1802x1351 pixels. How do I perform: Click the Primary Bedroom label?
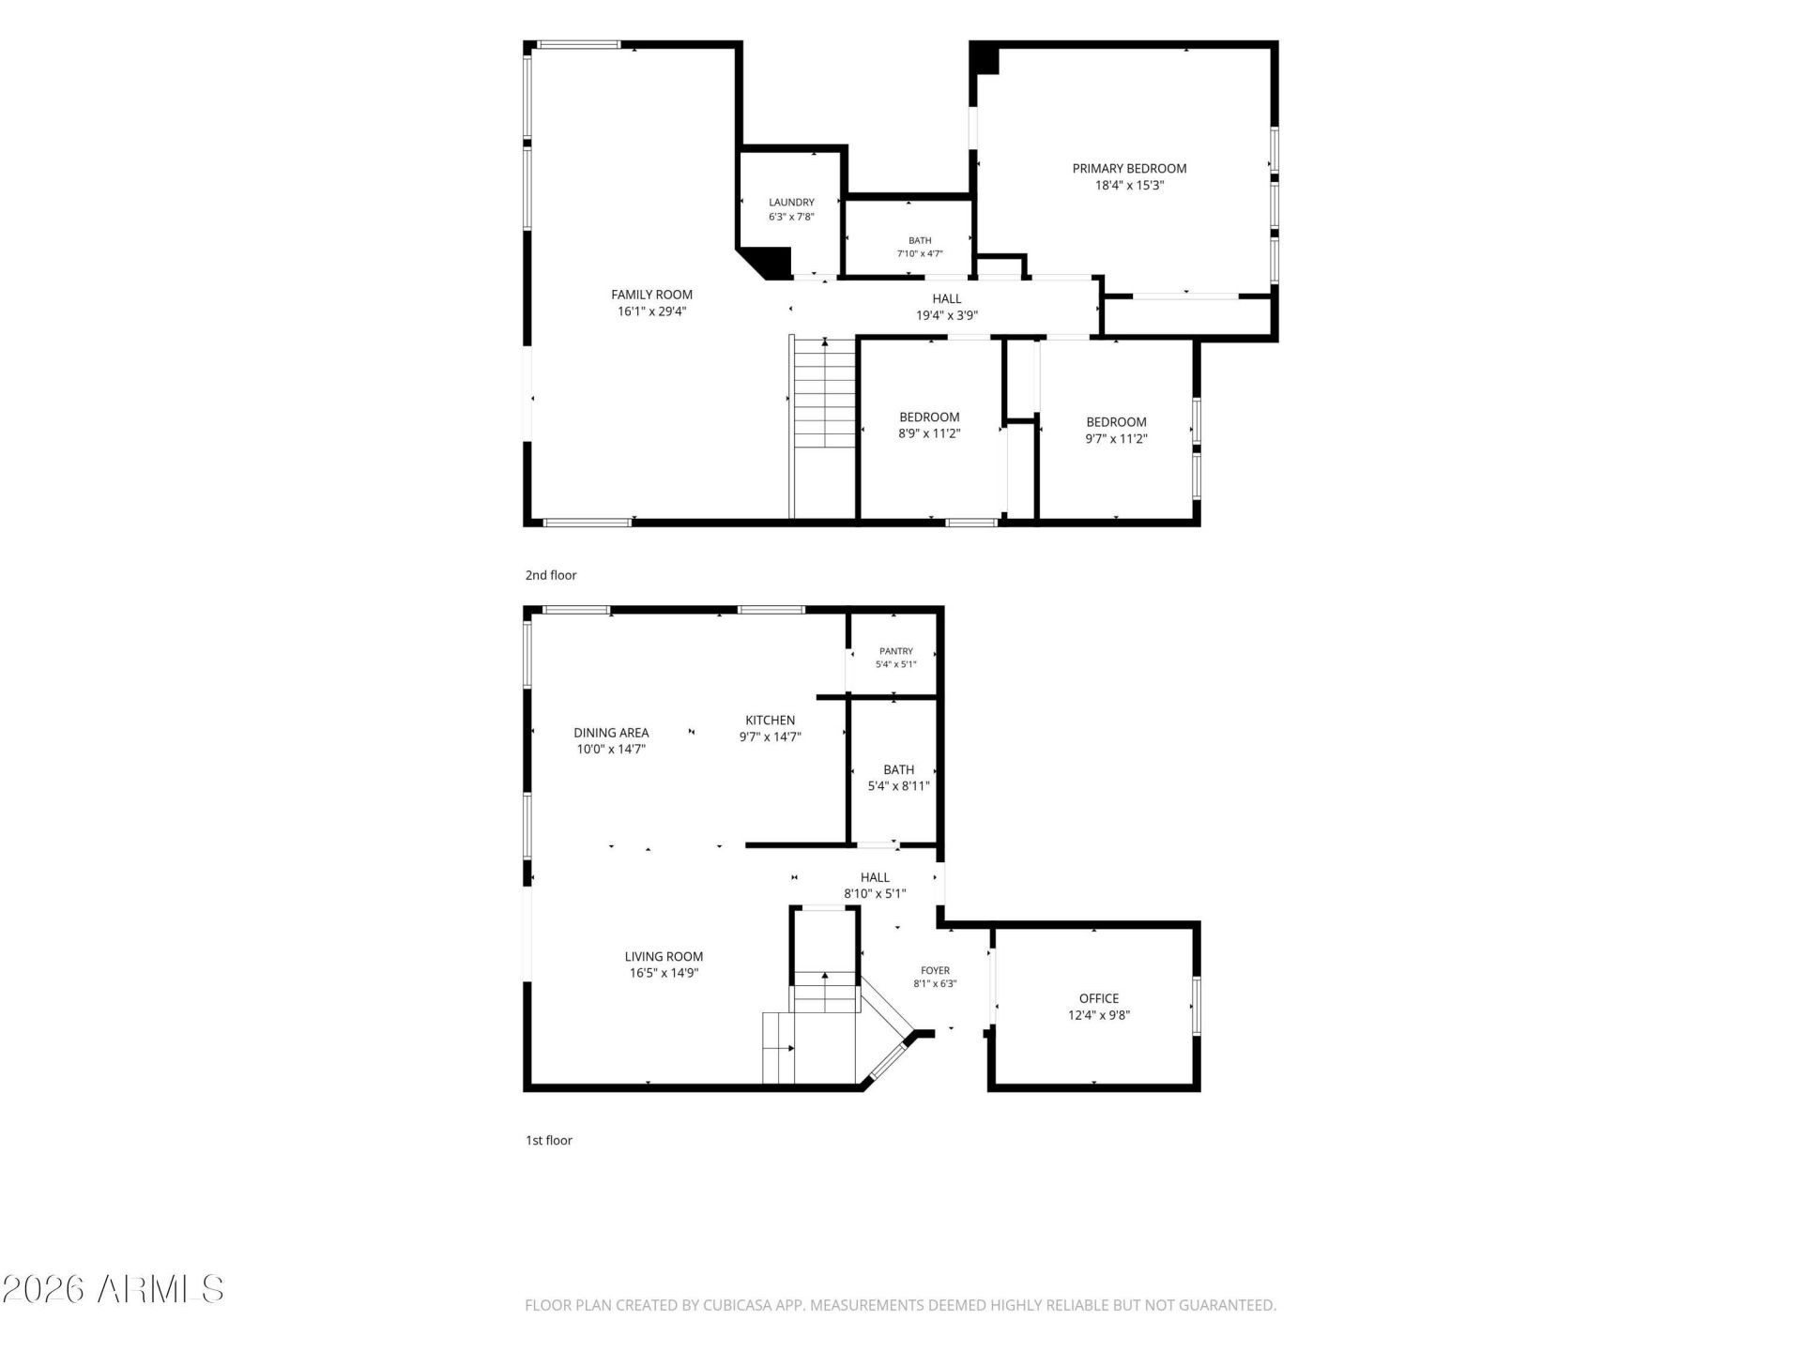coord(1129,169)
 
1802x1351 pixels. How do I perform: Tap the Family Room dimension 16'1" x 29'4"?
coord(651,311)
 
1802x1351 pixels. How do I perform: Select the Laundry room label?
coord(791,202)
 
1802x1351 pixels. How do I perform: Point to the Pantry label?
coord(896,651)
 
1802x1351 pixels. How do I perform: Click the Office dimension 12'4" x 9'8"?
coord(1099,1015)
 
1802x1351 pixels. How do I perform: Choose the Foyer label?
coord(935,971)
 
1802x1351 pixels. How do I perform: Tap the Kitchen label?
coord(771,721)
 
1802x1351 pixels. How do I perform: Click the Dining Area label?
coord(611,733)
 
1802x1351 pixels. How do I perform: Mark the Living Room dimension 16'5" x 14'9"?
coord(664,973)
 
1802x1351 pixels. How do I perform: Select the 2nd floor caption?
coord(551,575)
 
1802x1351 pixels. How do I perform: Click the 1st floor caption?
coord(549,1141)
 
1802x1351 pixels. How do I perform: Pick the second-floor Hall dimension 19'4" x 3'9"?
coord(947,316)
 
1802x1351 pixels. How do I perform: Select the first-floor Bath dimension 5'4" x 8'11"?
coord(898,786)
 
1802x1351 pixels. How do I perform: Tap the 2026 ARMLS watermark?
coord(113,1289)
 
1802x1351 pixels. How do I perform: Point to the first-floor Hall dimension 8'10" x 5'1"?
coord(875,894)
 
